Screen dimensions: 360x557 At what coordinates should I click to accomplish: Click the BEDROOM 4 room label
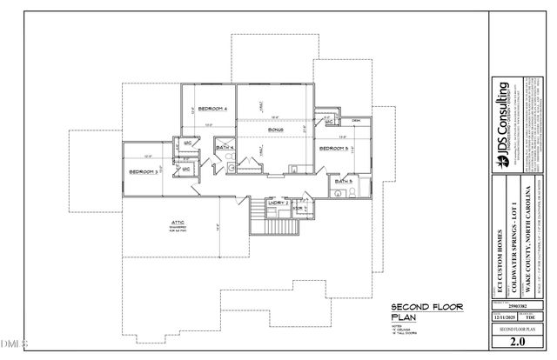[x=212, y=109]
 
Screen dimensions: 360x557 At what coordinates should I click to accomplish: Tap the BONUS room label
[x=277, y=130]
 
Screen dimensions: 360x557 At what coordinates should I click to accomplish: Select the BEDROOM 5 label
[x=334, y=150]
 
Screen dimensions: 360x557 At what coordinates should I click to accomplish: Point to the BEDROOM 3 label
[x=144, y=173]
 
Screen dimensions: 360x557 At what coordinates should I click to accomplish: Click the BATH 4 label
[x=224, y=149]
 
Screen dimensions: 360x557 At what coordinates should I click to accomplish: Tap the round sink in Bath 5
[x=337, y=195]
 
